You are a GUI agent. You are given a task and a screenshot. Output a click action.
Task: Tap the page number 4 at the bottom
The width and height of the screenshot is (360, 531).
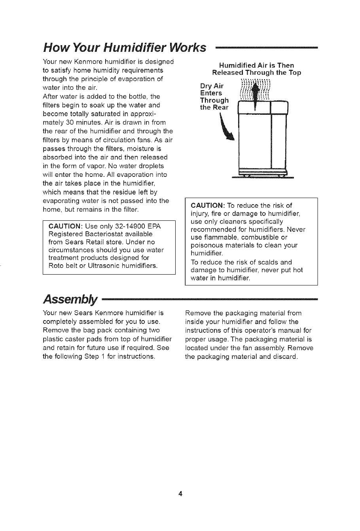180,493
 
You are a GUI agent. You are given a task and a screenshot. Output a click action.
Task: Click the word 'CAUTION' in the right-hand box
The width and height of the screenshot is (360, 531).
208,205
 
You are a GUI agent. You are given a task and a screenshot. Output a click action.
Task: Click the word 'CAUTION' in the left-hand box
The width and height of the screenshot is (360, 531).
65,226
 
